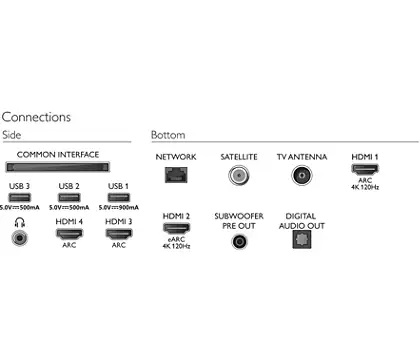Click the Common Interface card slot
pos(58,167)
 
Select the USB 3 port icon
pos(19,197)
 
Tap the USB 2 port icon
pos(69,197)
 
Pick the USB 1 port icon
pos(119,197)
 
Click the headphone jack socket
pos(19,238)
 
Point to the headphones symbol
pos(20,222)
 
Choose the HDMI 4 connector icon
pos(69,234)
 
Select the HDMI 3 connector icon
pos(119,234)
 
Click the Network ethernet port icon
pos(176,174)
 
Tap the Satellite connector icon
pos(239,175)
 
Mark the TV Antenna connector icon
pos(302,175)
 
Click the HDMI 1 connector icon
pos(365,169)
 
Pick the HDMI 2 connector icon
pos(176,228)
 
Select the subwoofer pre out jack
pos(239,241)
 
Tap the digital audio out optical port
pos(302,239)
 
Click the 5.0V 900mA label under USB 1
pos(119,208)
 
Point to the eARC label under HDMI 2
pos(176,239)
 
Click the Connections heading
pos(36,117)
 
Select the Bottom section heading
pos(168,135)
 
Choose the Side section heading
pos(12,135)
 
